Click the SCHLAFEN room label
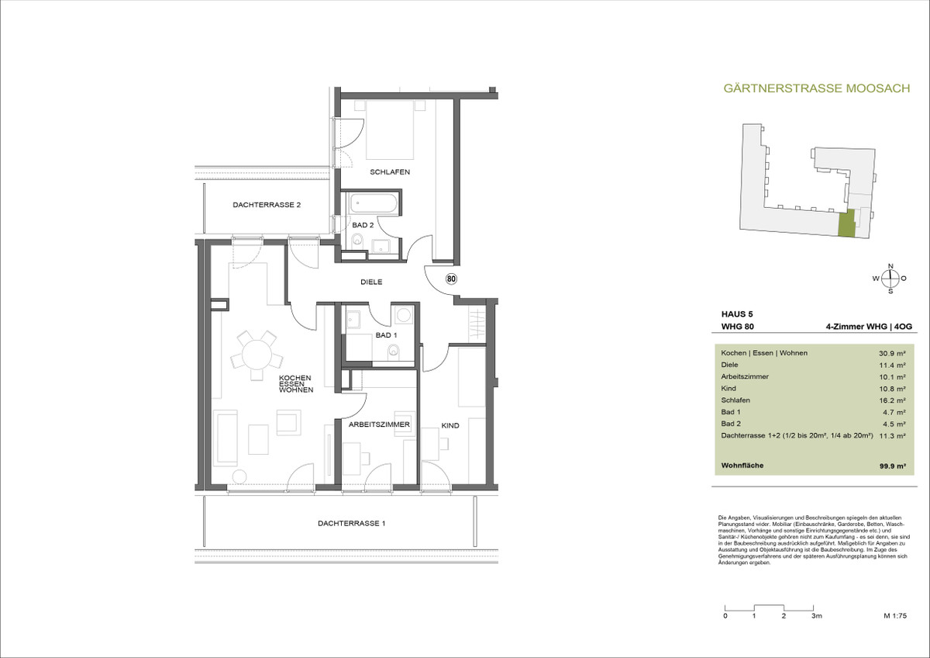pos(390,171)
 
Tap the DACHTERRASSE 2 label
pos(267,205)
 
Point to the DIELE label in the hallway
pos(371,282)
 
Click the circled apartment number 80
pos(451,279)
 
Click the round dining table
pos(257,354)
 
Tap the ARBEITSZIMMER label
pos(379,424)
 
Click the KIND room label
pos(450,426)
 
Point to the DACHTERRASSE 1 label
pos(351,523)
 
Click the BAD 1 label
pos(386,335)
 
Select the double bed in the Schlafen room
pos(391,130)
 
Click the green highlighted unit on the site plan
pos(846,223)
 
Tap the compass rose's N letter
pos(890,266)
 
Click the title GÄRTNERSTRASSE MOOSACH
pos(817,88)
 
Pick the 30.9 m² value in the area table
pos(892,353)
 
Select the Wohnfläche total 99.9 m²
pos(892,466)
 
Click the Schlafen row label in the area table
pos(735,400)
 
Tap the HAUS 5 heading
pos(737,314)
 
